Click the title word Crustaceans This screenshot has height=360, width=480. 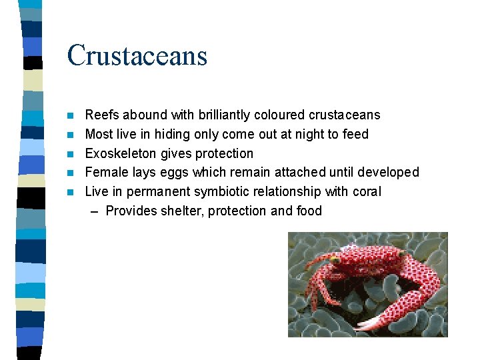(x=137, y=55)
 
